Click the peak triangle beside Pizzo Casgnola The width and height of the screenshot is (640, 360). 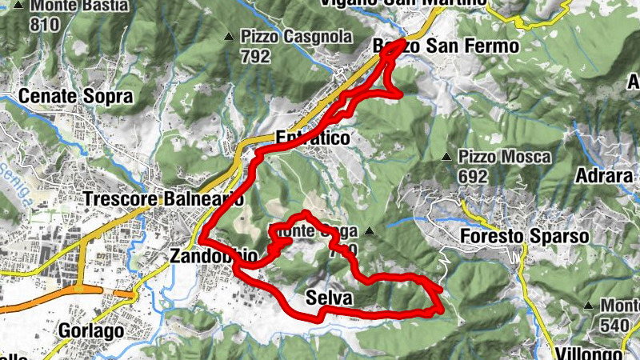click(230, 37)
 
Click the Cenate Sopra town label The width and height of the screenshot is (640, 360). click(75, 97)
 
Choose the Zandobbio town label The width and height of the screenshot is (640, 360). click(214, 257)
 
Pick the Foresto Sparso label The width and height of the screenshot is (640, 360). click(525, 237)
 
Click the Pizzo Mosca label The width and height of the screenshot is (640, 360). click(505, 157)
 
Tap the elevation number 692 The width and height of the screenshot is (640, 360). click(475, 174)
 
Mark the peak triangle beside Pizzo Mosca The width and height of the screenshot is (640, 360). click(447, 156)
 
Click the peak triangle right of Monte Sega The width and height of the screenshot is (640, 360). click(370, 232)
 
